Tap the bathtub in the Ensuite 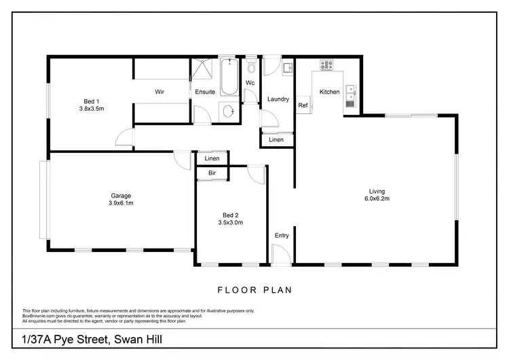pos(227,77)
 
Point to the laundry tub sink pos(286,67)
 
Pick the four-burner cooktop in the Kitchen pos(326,66)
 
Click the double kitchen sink pos(350,96)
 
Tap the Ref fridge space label pos(303,106)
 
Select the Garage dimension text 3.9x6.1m pos(121,203)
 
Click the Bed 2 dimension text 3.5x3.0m pos(230,222)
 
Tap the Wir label pos(159,92)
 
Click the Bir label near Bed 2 pos(212,174)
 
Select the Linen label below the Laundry pos(276,140)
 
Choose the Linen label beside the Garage pos(212,159)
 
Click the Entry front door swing pos(280,254)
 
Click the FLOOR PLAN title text pos(254,290)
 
